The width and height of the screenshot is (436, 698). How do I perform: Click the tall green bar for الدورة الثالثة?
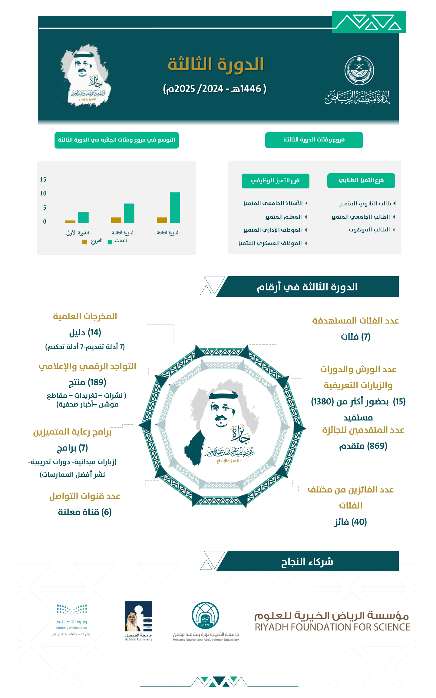point(175,208)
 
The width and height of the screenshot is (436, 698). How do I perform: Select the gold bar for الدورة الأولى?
point(70,221)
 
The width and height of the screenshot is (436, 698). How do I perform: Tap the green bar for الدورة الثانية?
point(129,213)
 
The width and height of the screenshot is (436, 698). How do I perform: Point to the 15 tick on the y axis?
point(43,180)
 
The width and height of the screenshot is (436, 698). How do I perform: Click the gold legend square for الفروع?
point(85,242)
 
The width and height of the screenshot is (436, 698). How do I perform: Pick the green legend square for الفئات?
point(110,242)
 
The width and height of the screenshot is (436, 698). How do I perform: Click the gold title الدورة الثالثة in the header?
point(216,64)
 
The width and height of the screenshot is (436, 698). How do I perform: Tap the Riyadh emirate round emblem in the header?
point(359,70)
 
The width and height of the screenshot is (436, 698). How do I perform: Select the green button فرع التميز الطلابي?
point(361,181)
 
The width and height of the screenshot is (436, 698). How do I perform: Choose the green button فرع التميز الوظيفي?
point(275,181)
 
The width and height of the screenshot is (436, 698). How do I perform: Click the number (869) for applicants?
point(377,446)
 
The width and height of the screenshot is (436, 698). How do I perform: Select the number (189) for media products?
point(97,382)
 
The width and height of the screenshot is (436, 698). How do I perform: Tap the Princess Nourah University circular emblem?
point(205,616)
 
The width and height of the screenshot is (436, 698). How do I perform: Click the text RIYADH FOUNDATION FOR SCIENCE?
point(332,627)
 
